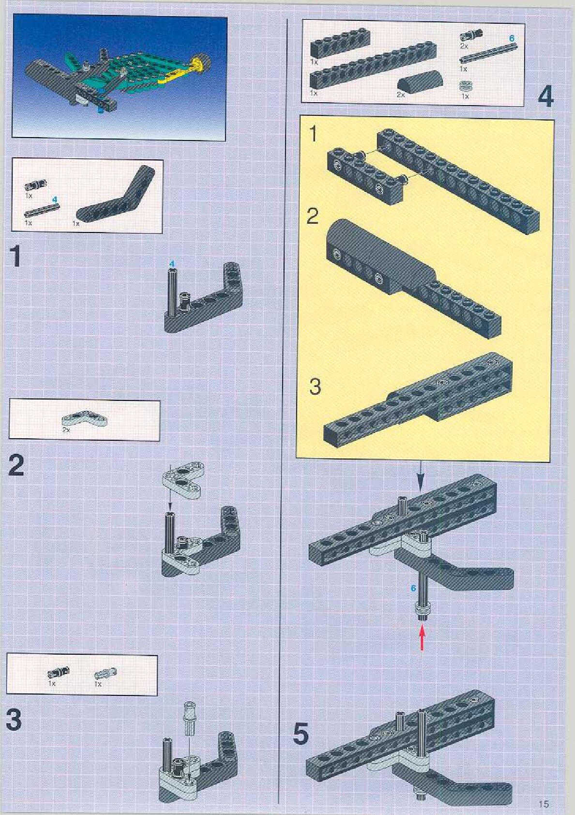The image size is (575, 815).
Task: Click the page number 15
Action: [x=544, y=804]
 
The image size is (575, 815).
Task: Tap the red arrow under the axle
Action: [x=422, y=638]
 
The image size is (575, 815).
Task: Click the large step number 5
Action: [x=301, y=734]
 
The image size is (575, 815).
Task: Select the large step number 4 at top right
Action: [x=545, y=97]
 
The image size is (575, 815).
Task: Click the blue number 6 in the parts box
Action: [x=512, y=38]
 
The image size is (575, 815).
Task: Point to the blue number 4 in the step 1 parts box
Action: [x=54, y=200]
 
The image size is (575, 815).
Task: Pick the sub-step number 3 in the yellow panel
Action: [x=315, y=387]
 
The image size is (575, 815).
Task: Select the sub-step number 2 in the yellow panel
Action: [x=313, y=216]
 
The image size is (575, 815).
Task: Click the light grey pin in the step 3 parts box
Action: [x=105, y=673]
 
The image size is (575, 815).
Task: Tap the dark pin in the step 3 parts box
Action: [x=59, y=673]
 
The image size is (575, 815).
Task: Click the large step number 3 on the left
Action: [x=14, y=720]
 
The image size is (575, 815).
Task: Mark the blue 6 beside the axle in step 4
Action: [x=413, y=588]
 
